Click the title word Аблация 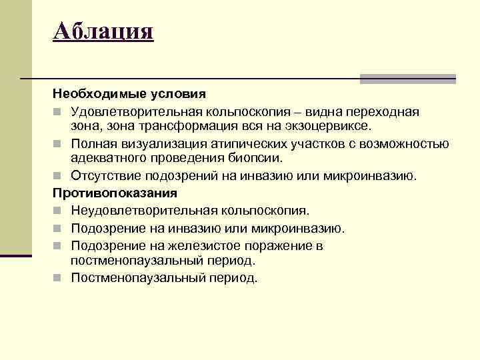[103, 31]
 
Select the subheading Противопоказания [115, 193]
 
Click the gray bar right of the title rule [408, 79]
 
